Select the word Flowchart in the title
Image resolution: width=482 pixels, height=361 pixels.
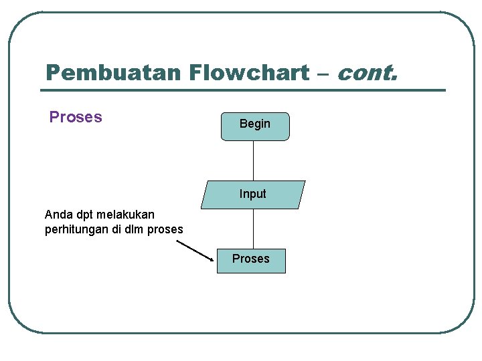click(249, 72)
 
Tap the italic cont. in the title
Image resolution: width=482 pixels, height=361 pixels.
click(368, 72)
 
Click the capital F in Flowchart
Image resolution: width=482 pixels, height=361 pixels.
click(197, 72)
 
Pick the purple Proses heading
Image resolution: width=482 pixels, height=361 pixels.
click(76, 117)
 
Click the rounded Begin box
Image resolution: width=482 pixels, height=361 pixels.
click(255, 126)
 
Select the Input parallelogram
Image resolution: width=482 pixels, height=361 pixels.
click(253, 195)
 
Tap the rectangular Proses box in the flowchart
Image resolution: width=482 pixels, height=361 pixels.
click(251, 260)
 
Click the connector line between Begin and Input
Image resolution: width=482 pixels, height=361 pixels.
click(254, 160)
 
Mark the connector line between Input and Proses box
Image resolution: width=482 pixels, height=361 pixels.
click(254, 229)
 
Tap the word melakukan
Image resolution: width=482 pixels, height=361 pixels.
click(125, 215)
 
